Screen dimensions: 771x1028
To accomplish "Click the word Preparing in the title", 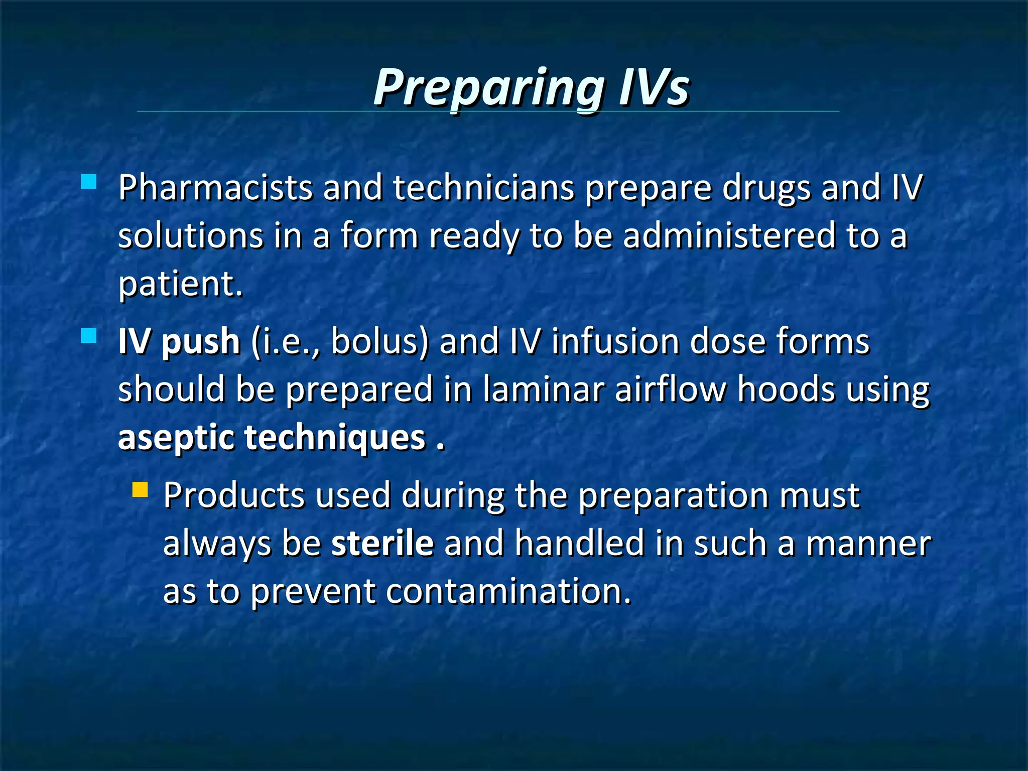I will pyautogui.click(x=488, y=88).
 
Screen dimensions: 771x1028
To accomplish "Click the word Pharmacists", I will pyautogui.click(x=215, y=188).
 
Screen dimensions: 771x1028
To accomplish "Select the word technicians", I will pyautogui.click(x=483, y=188).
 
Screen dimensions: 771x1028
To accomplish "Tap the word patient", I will pyautogui.click(x=180, y=284).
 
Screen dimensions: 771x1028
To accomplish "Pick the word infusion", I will pyautogui.click(x=615, y=341).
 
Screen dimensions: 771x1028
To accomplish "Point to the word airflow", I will pyautogui.click(x=671, y=390).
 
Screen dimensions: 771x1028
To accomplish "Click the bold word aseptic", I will pyautogui.click(x=176, y=438).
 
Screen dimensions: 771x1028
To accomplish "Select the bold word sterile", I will pyautogui.click(x=382, y=543).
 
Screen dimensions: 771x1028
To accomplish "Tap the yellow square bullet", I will pyautogui.click(x=141, y=489).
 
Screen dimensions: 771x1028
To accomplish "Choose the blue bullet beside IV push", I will pyautogui.click(x=89, y=335).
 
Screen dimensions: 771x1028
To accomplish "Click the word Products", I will pyautogui.click(x=234, y=495).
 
